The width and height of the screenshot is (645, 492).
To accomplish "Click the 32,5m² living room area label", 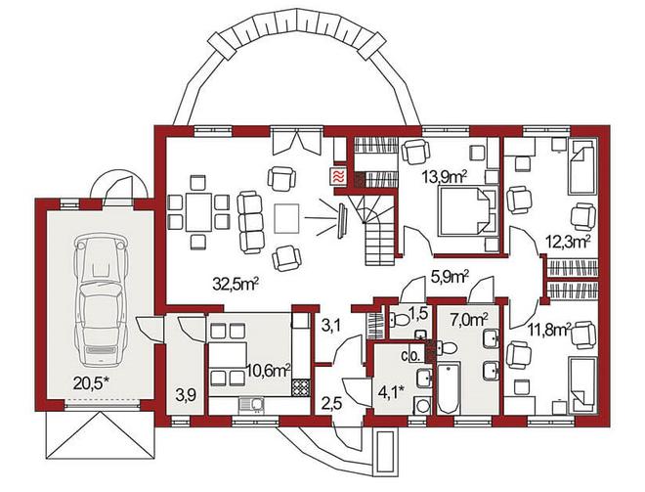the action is pos(236,284).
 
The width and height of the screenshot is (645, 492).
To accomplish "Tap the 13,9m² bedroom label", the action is pos(445,177).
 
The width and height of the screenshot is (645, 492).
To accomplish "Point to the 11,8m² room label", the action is pos(549,330).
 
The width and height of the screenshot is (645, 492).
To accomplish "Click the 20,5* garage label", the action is pos(91,383).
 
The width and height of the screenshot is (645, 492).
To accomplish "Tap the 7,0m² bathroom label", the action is pos(469,319).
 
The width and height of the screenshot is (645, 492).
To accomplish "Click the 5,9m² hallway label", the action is pos(450,277).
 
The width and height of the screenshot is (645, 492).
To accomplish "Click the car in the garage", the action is pos(99,300).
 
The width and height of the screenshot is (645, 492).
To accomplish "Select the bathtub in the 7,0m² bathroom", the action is pos(450,387).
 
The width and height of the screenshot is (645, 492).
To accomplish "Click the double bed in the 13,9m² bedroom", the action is pos(468,211).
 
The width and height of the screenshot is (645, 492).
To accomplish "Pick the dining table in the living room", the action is pos(199,212).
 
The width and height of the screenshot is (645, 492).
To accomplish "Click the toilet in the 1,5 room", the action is pos(399,319).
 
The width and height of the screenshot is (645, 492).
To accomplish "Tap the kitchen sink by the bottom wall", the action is pos(251,405).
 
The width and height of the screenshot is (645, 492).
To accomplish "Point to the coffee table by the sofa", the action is pos(287,218).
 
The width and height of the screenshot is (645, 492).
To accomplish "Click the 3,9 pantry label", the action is pos(185,396).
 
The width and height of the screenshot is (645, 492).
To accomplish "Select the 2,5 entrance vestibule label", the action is pos(332,402).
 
